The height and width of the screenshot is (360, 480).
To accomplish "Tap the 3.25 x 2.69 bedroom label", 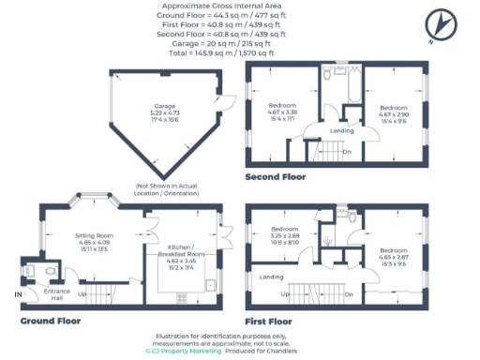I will pos(285,235).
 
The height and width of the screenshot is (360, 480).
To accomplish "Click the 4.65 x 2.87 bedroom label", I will pos(393,257).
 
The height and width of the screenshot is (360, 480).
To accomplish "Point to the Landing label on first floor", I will pos(273,277).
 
